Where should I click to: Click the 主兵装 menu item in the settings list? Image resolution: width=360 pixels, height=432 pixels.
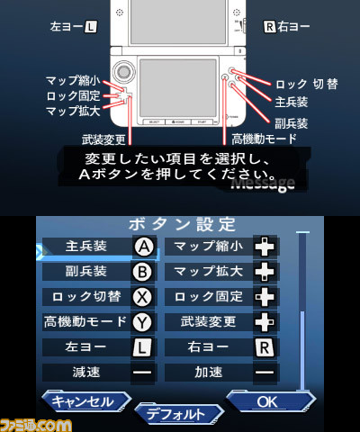85,246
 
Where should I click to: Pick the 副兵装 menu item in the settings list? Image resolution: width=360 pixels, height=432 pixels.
85,271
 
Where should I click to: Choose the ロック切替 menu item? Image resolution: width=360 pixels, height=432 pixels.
85,296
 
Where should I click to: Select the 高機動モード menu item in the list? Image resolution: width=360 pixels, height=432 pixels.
85,321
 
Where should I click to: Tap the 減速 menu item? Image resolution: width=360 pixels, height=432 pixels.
85,371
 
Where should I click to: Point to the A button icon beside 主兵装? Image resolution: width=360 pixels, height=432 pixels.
143,246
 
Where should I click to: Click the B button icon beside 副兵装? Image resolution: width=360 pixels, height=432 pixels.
143,271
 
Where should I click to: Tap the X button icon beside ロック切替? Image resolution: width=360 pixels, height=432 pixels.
143,296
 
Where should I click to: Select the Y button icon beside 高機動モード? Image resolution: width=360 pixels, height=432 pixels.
143,321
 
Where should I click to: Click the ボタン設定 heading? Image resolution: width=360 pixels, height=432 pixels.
183,223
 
